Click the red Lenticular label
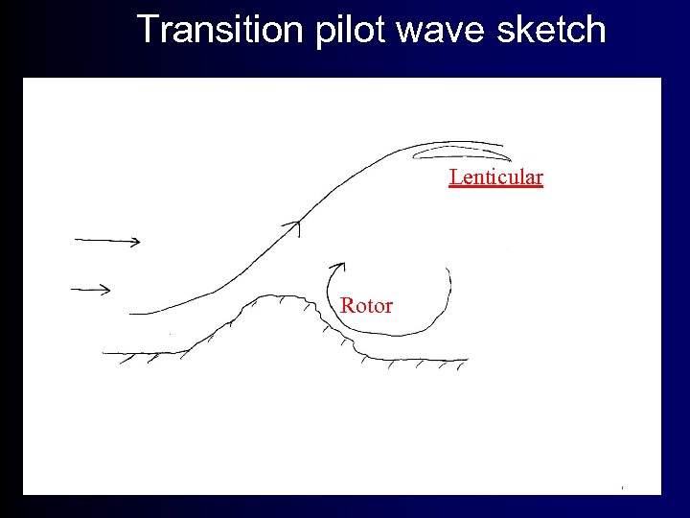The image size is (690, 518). point(496,177)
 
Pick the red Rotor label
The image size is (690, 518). point(366,306)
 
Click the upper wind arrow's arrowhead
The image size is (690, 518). point(137,241)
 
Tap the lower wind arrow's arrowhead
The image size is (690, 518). point(105,289)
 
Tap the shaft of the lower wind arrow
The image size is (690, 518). point(86,288)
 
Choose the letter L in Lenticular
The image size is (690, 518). point(455,177)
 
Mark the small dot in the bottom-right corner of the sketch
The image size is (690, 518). point(622,488)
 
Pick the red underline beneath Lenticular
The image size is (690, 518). point(496,186)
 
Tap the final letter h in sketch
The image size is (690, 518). point(597,30)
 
